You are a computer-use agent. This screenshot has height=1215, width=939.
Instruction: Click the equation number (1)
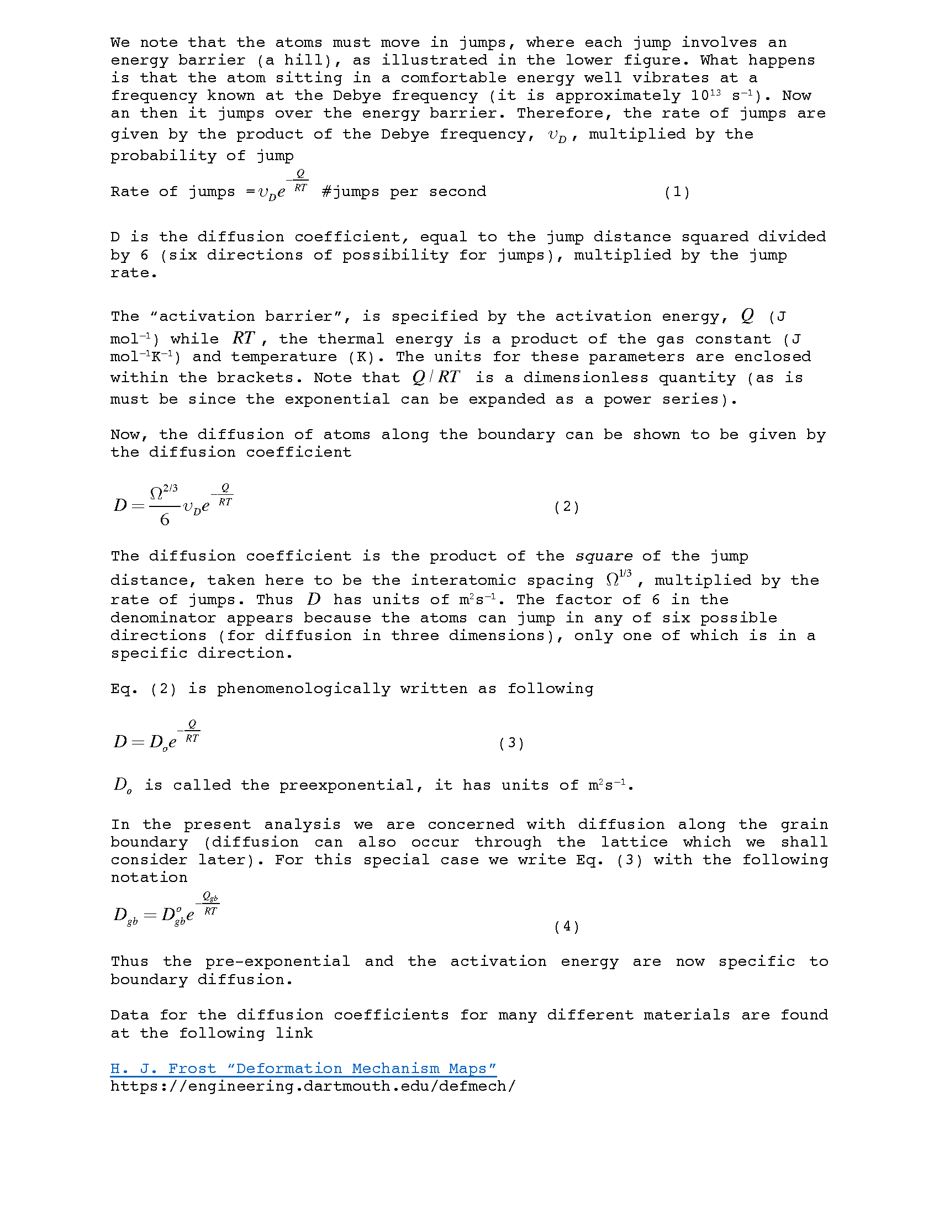coord(677,192)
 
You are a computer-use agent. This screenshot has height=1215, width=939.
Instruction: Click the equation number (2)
coord(567,506)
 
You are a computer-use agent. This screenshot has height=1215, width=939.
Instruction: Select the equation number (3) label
coord(511,743)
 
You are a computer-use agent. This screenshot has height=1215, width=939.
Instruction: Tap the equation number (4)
coord(567,926)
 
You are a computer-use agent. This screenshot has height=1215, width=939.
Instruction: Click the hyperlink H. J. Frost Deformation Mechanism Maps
coord(303,1068)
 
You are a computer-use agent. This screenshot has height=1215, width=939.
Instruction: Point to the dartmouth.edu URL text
coord(313,1086)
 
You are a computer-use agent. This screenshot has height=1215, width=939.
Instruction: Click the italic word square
coord(604,556)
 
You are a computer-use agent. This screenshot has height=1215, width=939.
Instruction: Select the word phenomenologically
coord(303,688)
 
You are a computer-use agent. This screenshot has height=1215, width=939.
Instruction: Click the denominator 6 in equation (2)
coord(165,520)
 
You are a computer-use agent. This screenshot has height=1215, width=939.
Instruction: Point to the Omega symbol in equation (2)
coord(157,493)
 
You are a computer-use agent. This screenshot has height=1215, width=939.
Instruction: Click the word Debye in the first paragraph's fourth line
coord(357,96)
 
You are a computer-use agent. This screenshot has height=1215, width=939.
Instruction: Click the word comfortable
coord(453,78)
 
